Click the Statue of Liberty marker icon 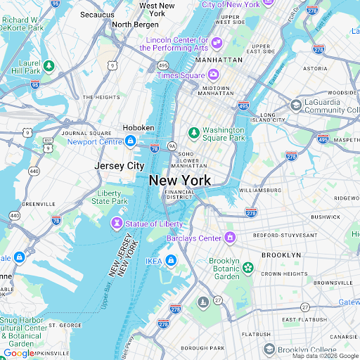click(x=116, y=223)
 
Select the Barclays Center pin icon click(x=230, y=238)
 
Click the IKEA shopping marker click(x=171, y=261)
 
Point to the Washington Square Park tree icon click(x=194, y=131)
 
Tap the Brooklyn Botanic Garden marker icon click(x=247, y=267)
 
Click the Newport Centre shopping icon click(x=130, y=141)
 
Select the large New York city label click(x=180, y=181)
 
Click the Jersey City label click(x=120, y=166)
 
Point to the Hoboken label click(x=138, y=127)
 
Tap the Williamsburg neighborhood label click(x=260, y=190)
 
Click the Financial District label click(x=179, y=194)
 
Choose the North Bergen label click(x=135, y=25)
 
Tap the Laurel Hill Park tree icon click(x=49, y=66)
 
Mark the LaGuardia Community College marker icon click(x=297, y=105)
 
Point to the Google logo click(x=18, y=353)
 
